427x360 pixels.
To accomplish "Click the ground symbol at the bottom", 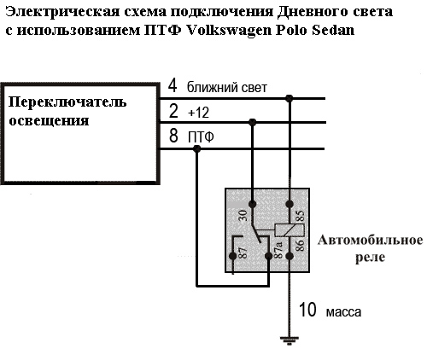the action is coord(290,340).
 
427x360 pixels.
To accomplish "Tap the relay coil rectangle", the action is coord(290,230).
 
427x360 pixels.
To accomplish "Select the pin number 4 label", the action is coord(173,85).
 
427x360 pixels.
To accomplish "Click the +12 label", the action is coord(199,113).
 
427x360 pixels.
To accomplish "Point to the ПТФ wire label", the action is coord(201,137).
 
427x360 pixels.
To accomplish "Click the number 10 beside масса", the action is coord(307,310).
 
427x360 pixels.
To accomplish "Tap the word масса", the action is coord(343,312).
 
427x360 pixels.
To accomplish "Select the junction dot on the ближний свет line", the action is coord(290,99).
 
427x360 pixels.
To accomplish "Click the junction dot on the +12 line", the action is coord(252,123).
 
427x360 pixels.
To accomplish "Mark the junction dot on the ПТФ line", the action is coord(196,148).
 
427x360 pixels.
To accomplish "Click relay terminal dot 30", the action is coord(252,204).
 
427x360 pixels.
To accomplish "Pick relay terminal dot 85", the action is coord(290,204).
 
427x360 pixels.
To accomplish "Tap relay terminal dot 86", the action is coord(290,256).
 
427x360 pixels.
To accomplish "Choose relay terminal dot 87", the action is coord(233,256).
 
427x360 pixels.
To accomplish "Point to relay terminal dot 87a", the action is coord(268,256).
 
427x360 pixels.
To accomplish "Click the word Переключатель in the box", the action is coord(67,102).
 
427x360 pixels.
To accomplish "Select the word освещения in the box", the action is coord(49,121).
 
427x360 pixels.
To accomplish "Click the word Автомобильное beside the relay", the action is coord(371,241).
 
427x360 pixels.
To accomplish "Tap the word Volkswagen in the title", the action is coord(229,31).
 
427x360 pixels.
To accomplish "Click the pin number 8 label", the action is coord(173,136).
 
